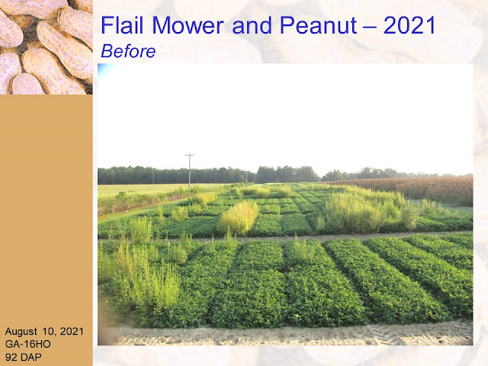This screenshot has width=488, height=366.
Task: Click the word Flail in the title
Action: (x=122, y=25)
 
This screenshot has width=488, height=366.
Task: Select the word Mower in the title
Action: (x=188, y=25)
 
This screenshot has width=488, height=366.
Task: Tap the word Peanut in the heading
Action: (x=319, y=25)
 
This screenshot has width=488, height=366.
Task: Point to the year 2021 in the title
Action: (x=409, y=25)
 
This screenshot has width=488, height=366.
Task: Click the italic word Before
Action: (x=128, y=51)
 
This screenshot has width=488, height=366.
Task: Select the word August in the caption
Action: (x=21, y=332)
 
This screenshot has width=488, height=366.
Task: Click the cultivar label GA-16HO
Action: (x=27, y=344)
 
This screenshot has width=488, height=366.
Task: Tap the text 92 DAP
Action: (x=24, y=357)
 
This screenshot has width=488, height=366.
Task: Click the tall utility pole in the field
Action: (x=190, y=171)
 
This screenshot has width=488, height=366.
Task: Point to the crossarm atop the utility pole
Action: (x=190, y=155)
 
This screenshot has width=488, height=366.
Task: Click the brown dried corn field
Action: (x=414, y=188)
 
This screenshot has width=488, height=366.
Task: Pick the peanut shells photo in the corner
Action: (x=46, y=47)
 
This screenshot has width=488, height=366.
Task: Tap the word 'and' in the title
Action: (x=252, y=25)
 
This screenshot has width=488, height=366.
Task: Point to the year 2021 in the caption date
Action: (x=72, y=331)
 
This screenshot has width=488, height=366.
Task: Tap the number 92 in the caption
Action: (x=11, y=357)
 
